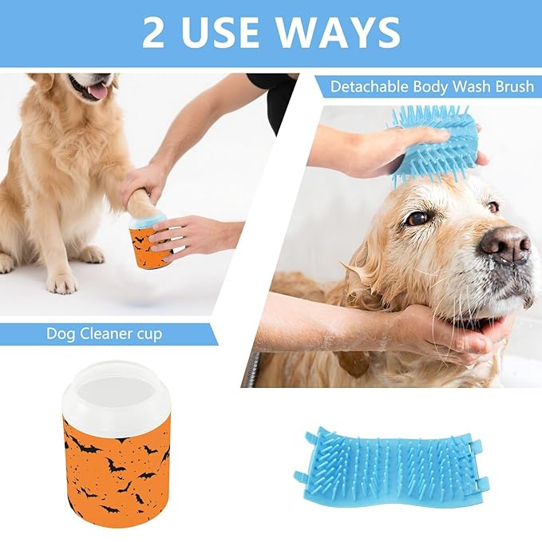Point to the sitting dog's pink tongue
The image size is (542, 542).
pyautogui.click(x=97, y=91)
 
